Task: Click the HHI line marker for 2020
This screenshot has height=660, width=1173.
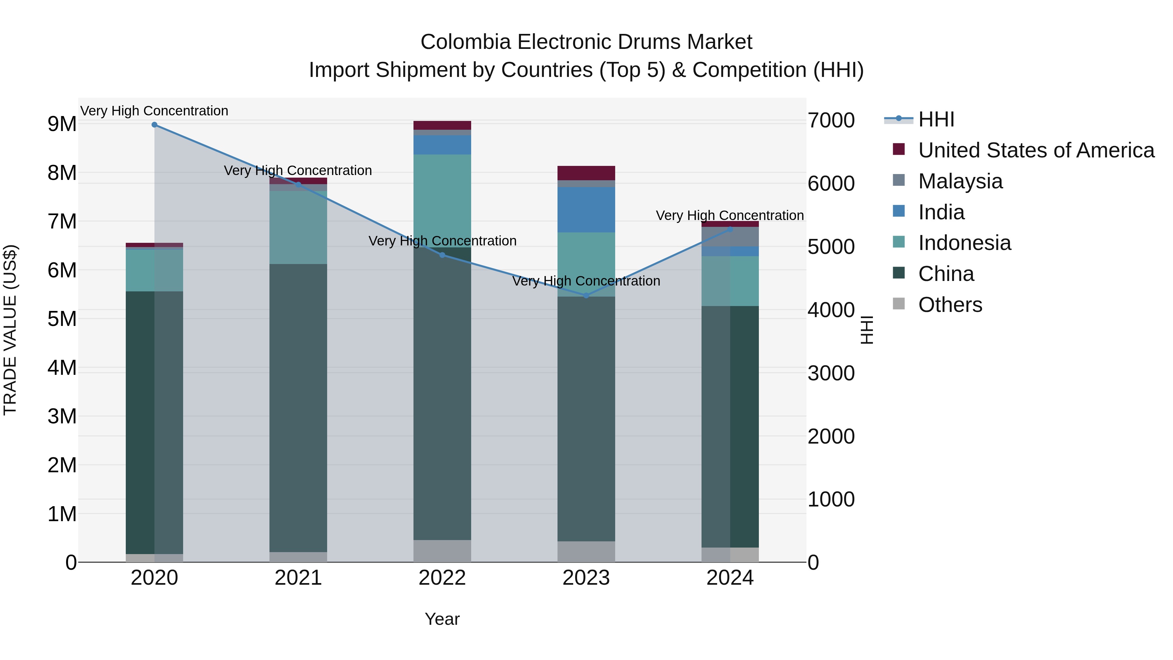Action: point(154,125)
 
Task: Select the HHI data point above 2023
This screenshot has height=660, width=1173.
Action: point(586,296)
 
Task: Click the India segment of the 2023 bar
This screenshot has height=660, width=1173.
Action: point(586,210)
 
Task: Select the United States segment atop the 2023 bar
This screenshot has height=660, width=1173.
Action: point(586,173)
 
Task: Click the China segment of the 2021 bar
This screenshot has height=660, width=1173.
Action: point(298,408)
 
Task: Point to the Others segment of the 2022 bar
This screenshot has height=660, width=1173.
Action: point(442,551)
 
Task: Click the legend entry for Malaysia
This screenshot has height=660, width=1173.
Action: point(960,181)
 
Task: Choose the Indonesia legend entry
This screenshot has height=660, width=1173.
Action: point(964,243)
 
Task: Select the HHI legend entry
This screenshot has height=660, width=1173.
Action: point(936,119)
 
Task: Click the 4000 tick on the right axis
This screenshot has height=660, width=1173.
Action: point(831,310)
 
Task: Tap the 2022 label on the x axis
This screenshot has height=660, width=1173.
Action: point(442,578)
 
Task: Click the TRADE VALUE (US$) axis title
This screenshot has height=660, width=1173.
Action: point(10,330)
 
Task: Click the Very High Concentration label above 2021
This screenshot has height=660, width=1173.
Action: point(298,171)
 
